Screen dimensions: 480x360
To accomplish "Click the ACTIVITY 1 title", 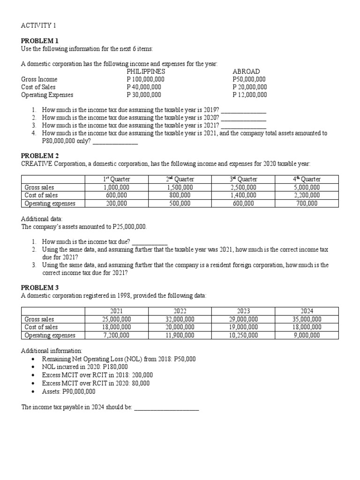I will pyautogui.click(x=38, y=25).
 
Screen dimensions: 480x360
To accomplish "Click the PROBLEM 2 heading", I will pyautogui.click(x=40, y=155).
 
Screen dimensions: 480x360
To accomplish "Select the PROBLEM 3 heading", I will pyautogui.click(x=40, y=287).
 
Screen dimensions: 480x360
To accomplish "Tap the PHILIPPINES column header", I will pyautogui.click(x=146, y=72).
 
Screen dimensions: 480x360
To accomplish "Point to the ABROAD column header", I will pyautogui.click(x=246, y=72).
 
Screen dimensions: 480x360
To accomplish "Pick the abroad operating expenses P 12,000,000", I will pyautogui.click(x=250, y=94).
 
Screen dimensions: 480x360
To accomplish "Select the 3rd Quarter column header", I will pyautogui.click(x=243, y=179).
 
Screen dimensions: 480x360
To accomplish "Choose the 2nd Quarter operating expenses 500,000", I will pyautogui.click(x=180, y=203).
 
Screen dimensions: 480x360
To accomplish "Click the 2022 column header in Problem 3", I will pyautogui.click(x=180, y=311).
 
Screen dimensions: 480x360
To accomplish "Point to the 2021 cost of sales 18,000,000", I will pyautogui.click(x=116, y=327).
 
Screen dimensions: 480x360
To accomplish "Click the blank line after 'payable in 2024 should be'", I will pyautogui.click(x=166, y=407).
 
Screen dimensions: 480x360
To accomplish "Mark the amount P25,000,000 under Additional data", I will pyautogui.click(x=129, y=226).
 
